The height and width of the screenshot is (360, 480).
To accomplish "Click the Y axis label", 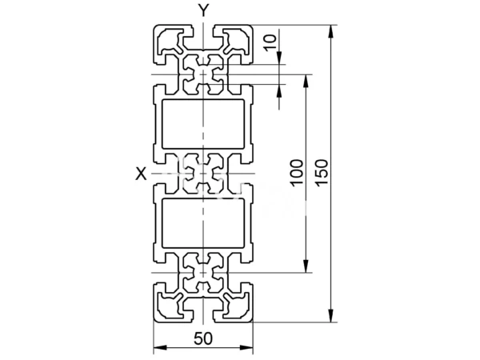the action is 203,10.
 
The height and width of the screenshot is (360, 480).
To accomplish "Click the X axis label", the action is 141,174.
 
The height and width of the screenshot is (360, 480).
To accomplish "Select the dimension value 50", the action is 203,339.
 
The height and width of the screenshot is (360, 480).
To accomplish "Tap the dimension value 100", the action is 297,172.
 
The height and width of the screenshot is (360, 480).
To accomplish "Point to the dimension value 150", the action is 322,172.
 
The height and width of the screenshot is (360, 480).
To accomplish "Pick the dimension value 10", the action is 270,42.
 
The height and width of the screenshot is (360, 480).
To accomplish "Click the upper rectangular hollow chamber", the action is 203,124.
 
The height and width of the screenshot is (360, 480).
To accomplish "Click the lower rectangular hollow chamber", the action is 203,223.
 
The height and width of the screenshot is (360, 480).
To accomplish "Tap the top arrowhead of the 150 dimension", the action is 330,31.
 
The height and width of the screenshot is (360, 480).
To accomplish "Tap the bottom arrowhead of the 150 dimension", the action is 330,315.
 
